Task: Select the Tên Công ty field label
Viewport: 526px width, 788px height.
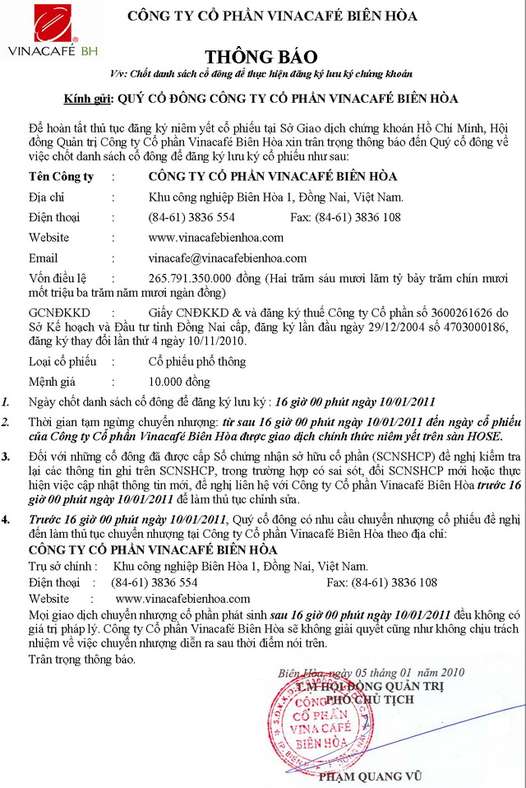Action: coord(61,176)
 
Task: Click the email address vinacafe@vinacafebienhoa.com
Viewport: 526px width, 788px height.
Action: coord(227,257)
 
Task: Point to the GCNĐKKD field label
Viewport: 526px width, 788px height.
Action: coord(59,313)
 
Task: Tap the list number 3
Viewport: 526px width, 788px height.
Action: coord(7,455)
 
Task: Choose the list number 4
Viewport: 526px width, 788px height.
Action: coord(7,520)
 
